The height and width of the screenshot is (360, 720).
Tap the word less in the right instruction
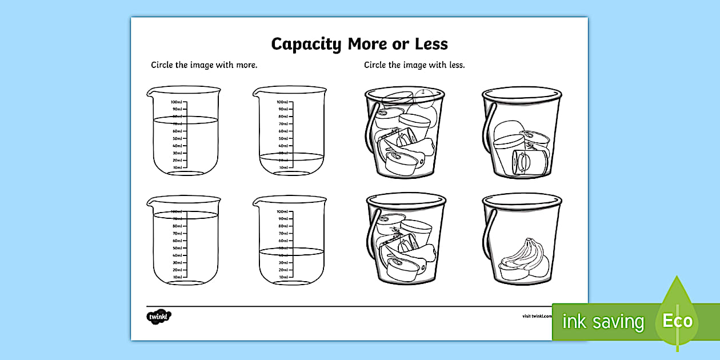455,65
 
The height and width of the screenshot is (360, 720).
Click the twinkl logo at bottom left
159,316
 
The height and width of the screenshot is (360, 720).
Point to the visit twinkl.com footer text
536,316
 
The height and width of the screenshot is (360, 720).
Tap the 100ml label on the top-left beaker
175,102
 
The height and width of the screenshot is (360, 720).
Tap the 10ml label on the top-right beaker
283,167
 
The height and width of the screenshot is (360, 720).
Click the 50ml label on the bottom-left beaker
177,248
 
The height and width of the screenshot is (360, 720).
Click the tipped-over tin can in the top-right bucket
523,162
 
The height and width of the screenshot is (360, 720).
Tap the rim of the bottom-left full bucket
406,199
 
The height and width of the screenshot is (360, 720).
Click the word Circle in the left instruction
162,65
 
